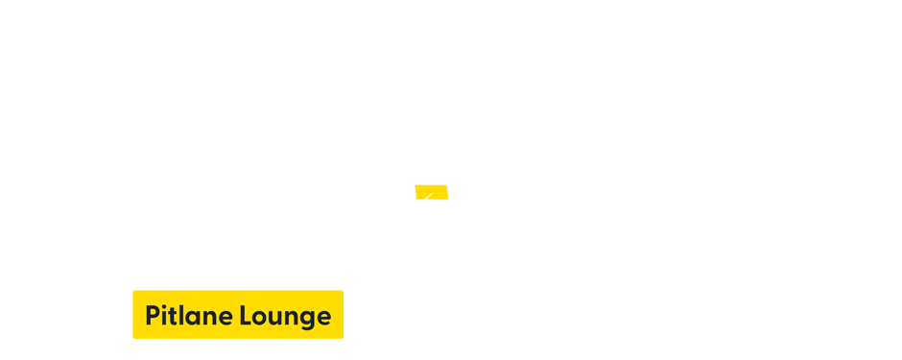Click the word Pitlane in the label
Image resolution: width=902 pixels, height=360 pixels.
click(x=189, y=316)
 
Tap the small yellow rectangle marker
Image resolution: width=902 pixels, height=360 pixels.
click(x=431, y=192)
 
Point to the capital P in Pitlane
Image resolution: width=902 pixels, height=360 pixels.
click(x=153, y=316)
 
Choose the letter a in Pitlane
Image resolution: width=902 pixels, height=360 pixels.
click(x=192, y=318)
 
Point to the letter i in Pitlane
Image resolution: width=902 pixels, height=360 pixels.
click(x=164, y=316)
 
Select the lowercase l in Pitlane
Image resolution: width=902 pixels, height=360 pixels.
click(x=181, y=315)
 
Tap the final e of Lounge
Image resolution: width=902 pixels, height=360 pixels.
click(x=323, y=318)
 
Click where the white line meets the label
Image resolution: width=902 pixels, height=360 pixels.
click(x=315, y=289)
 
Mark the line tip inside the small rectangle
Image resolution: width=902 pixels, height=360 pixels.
click(x=433, y=192)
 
